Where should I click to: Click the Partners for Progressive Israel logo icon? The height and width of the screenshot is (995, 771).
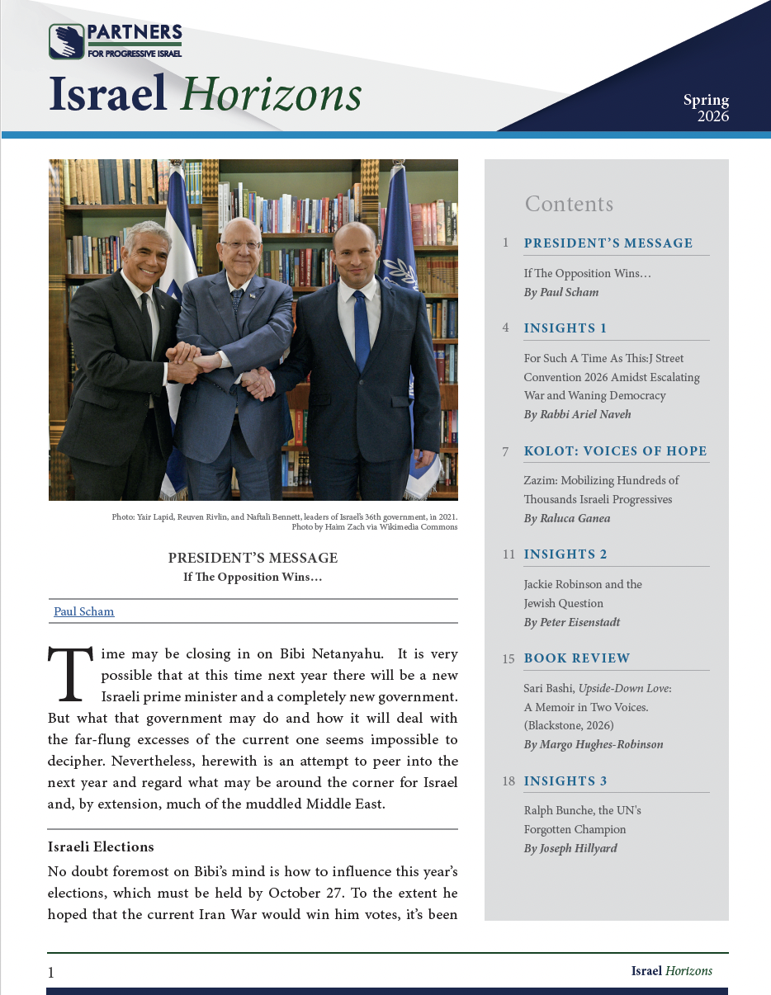pyautogui.click(x=67, y=41)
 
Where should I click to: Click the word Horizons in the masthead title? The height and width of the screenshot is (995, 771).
pyautogui.click(x=272, y=94)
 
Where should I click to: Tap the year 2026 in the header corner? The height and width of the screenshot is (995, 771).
pyautogui.click(x=712, y=116)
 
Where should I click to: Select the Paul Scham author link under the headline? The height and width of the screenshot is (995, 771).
pyautogui.click(x=84, y=611)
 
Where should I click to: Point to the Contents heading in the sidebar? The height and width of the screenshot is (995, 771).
pyautogui.click(x=569, y=204)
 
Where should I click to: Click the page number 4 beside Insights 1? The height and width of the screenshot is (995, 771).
pyautogui.click(x=505, y=328)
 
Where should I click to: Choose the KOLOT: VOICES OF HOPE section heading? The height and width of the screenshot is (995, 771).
pyautogui.click(x=615, y=451)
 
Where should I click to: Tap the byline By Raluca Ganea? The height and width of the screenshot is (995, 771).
pyautogui.click(x=567, y=518)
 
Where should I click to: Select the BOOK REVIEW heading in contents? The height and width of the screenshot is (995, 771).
pyautogui.click(x=577, y=658)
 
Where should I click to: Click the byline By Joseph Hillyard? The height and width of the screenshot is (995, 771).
pyautogui.click(x=570, y=848)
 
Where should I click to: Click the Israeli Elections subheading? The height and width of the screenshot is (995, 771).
pyautogui.click(x=101, y=847)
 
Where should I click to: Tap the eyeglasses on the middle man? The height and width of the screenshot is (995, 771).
pyautogui.click(x=242, y=244)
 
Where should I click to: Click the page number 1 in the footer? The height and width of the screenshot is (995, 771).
pyautogui.click(x=51, y=973)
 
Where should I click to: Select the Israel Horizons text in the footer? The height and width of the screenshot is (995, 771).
pyautogui.click(x=671, y=971)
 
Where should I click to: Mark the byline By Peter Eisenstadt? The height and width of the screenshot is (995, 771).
pyautogui.click(x=572, y=622)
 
